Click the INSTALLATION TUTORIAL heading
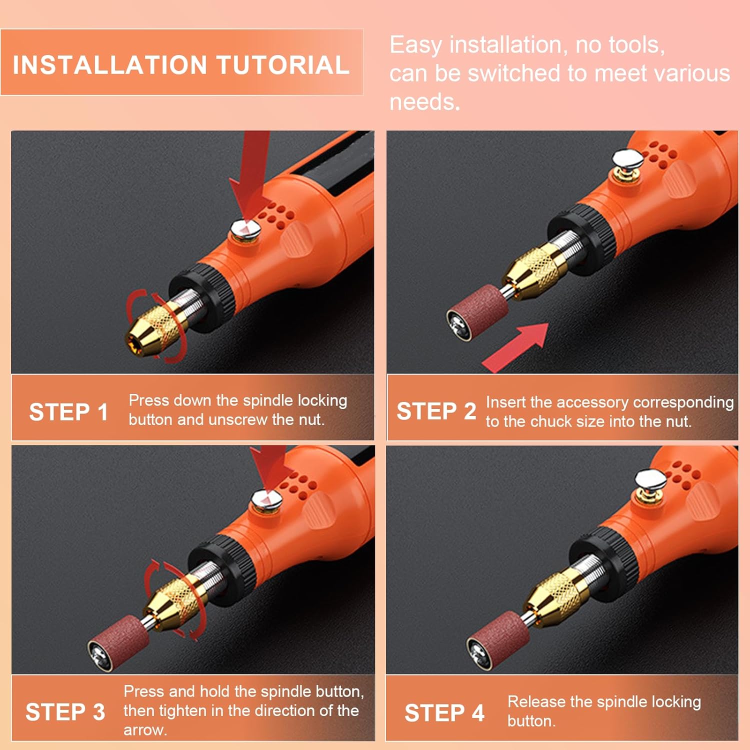tap(181, 65)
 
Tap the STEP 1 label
tap(68, 412)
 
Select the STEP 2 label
tap(436, 411)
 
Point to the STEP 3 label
tap(65, 712)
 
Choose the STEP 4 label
tap(444, 713)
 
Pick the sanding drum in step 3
tap(119, 642)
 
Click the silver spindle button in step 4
tap(649, 480)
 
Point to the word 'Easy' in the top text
tap(415, 45)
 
